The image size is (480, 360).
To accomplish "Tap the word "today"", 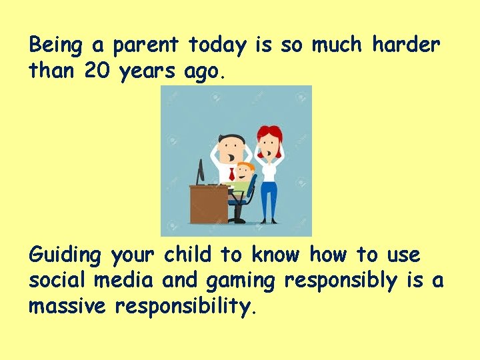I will pos(217,45).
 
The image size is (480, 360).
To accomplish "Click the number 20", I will pos(99,71).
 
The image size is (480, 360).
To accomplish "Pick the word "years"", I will pos(149,72).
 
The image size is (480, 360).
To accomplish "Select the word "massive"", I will pos(68,306).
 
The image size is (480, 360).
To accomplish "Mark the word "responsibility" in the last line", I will pos(185,307).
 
